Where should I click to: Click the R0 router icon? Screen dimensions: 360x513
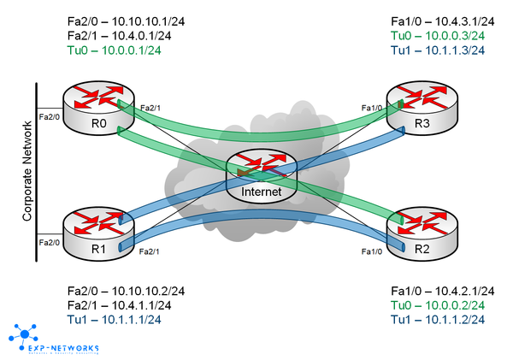click(91, 109)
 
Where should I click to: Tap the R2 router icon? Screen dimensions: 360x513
click(416, 229)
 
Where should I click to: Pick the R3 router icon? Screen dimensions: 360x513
click(416, 109)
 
